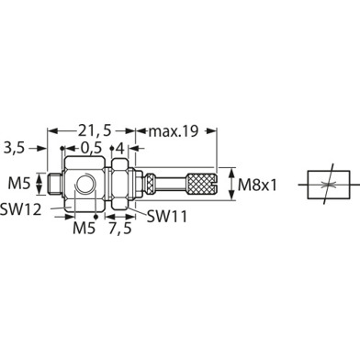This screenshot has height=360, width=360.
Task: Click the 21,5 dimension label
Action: (x=95, y=131)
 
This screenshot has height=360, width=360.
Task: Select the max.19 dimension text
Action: (x=174, y=131)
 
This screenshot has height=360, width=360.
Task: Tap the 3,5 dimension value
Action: (x=14, y=148)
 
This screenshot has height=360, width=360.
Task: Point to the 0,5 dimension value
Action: (x=91, y=149)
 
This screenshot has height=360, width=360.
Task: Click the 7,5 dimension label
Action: (x=120, y=228)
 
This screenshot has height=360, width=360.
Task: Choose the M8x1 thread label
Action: (x=257, y=185)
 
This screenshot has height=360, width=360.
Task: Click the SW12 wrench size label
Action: (x=20, y=209)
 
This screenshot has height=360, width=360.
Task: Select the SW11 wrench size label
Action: (x=167, y=217)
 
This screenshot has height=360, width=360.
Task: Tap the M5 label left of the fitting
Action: (x=19, y=184)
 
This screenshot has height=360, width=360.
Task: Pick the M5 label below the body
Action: (x=84, y=228)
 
